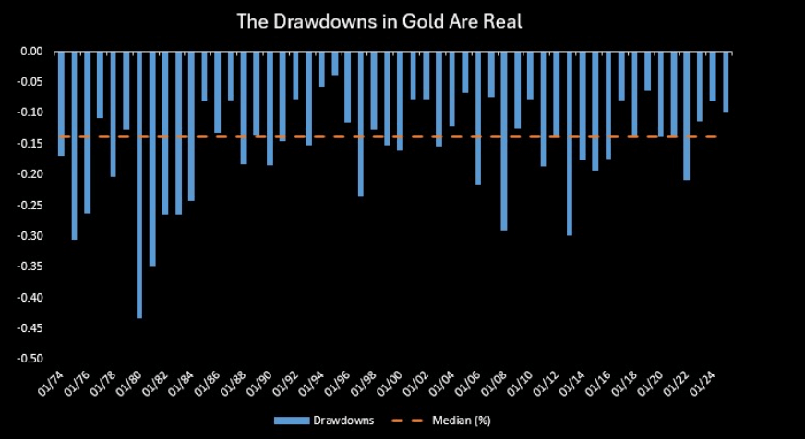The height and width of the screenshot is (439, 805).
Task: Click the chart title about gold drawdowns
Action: (x=379, y=20)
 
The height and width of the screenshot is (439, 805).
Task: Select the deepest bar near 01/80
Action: (x=139, y=184)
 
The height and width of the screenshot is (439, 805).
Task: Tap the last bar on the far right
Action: (x=726, y=82)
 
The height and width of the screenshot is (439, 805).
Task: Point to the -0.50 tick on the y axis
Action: (x=30, y=359)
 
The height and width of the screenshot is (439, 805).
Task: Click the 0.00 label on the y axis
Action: (x=31, y=52)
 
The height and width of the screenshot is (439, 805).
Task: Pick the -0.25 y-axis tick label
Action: (x=30, y=205)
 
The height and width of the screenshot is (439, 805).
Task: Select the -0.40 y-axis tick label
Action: (x=30, y=297)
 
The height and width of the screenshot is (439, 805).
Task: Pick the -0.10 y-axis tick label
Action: (x=30, y=113)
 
